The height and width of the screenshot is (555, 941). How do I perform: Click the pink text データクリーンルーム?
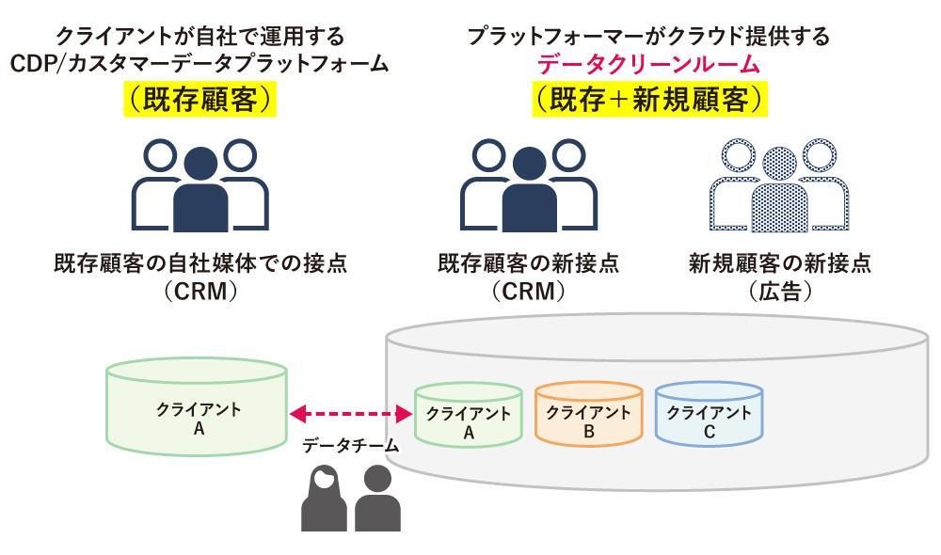coord(648,65)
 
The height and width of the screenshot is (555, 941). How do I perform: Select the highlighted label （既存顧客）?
coord(199,100)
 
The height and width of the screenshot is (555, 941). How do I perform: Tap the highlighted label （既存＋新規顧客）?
coord(648,100)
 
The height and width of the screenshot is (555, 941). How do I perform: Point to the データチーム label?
coord(350,447)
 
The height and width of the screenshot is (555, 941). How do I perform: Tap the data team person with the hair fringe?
coord(324,499)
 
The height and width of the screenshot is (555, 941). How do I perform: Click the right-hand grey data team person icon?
coord(377,499)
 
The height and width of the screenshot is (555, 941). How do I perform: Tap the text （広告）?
coord(778,292)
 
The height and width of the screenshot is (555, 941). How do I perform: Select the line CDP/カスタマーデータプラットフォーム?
coord(199,65)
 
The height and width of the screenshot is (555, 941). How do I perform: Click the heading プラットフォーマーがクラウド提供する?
coord(648,37)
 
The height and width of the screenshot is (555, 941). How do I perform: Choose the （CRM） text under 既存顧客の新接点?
coord(528,292)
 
